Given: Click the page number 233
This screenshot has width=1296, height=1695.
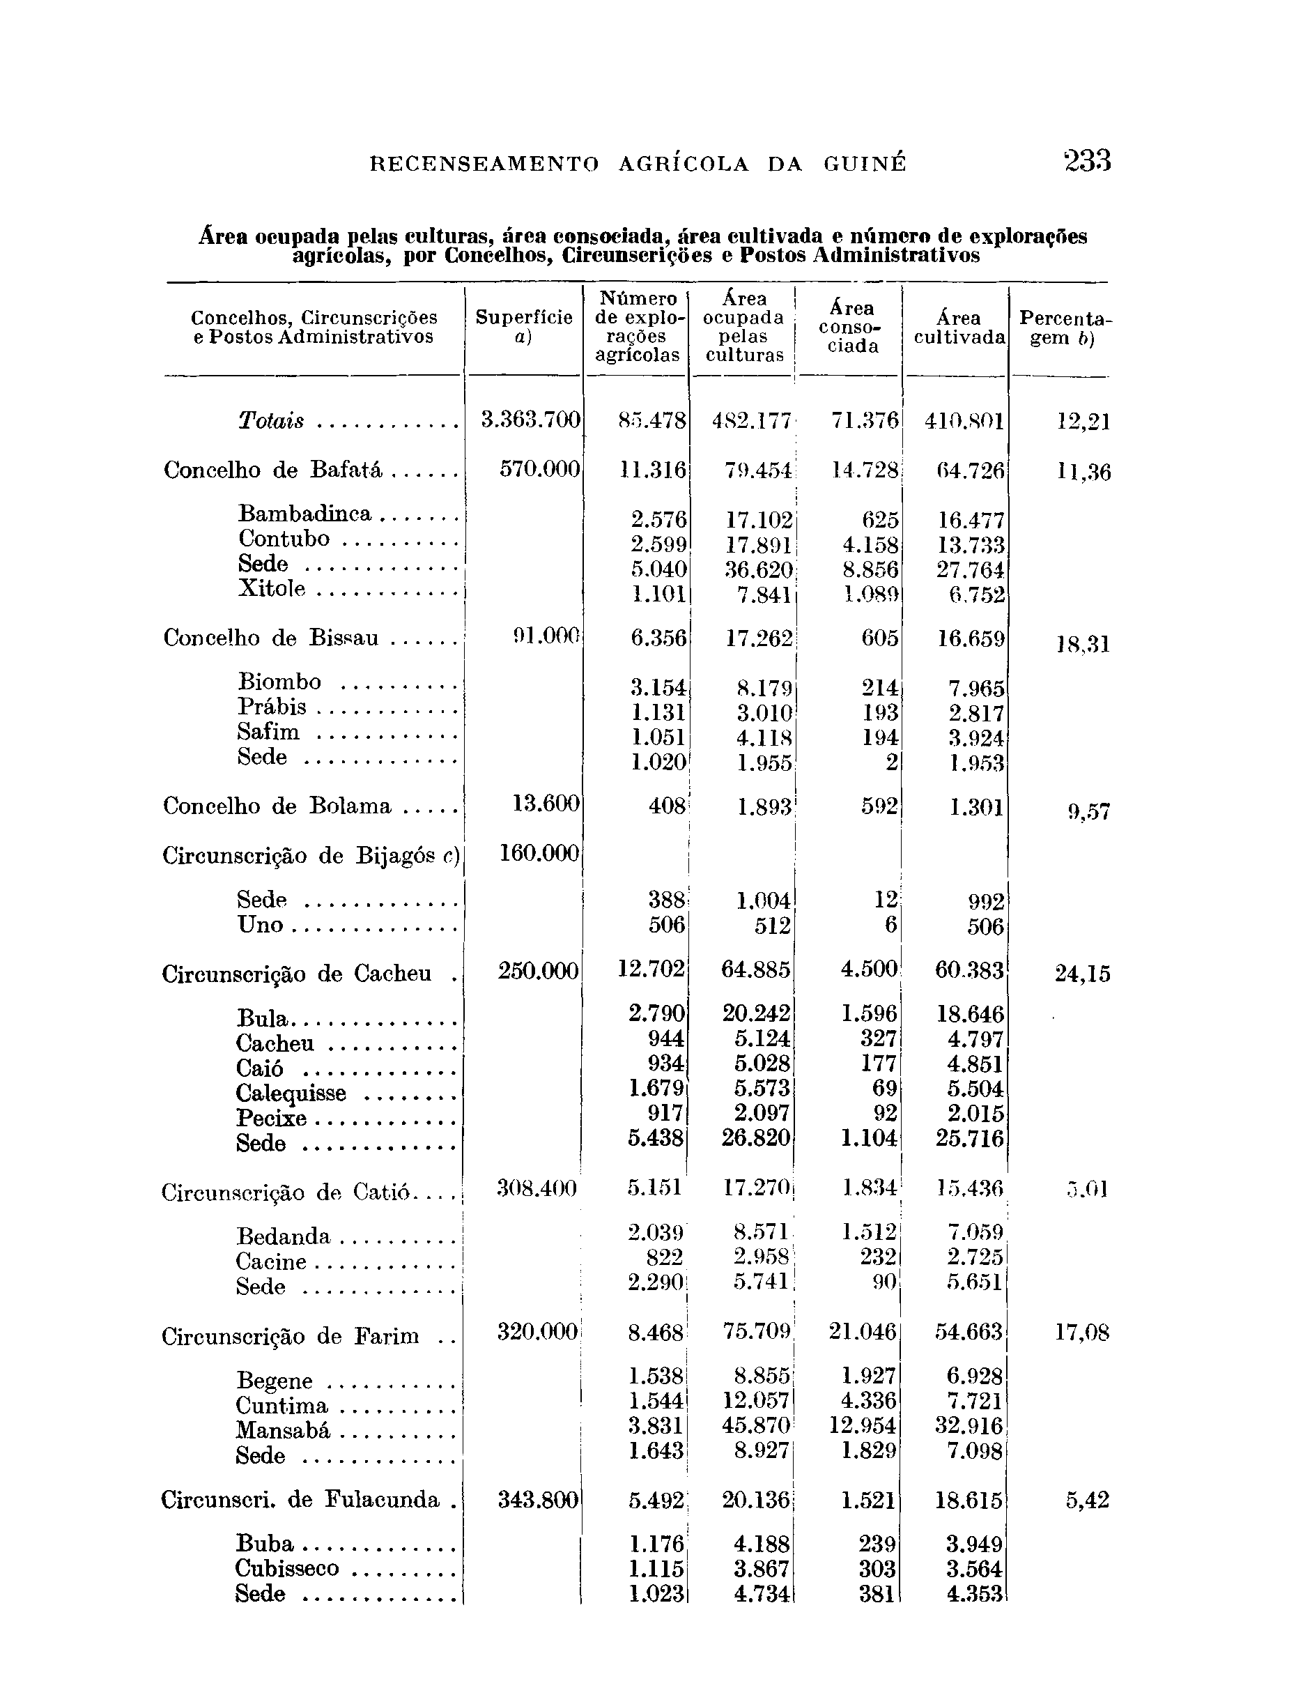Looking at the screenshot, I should pyautogui.click(x=1087, y=161).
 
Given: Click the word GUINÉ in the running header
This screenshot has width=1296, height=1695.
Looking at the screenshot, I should pyautogui.click(x=864, y=164).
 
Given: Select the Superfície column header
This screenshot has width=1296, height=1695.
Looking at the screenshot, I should pyautogui.click(x=524, y=326).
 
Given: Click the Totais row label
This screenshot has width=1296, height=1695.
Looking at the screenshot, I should pyautogui.click(x=271, y=421).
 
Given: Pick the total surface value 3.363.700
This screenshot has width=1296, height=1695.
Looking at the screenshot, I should pyautogui.click(x=530, y=420).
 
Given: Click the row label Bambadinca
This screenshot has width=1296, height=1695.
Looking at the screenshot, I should pyautogui.click(x=304, y=513).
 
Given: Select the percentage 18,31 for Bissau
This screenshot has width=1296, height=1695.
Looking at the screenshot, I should pyautogui.click(x=1082, y=643).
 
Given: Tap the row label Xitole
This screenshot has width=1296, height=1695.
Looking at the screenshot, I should pyautogui.click(x=272, y=589).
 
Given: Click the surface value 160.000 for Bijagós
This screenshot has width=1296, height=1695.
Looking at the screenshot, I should pyautogui.click(x=539, y=852).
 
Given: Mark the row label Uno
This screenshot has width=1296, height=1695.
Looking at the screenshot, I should pyautogui.click(x=260, y=924).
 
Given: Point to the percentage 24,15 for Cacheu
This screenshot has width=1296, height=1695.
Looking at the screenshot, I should pyautogui.click(x=1082, y=974).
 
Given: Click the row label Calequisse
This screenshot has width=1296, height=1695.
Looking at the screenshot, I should pyautogui.click(x=291, y=1094).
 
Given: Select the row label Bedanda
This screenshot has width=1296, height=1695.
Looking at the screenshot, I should pyautogui.click(x=283, y=1236).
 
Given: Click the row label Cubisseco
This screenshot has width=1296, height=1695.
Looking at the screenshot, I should pyautogui.click(x=287, y=1568).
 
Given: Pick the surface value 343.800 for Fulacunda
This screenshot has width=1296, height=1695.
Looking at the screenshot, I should pyautogui.click(x=538, y=1500).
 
